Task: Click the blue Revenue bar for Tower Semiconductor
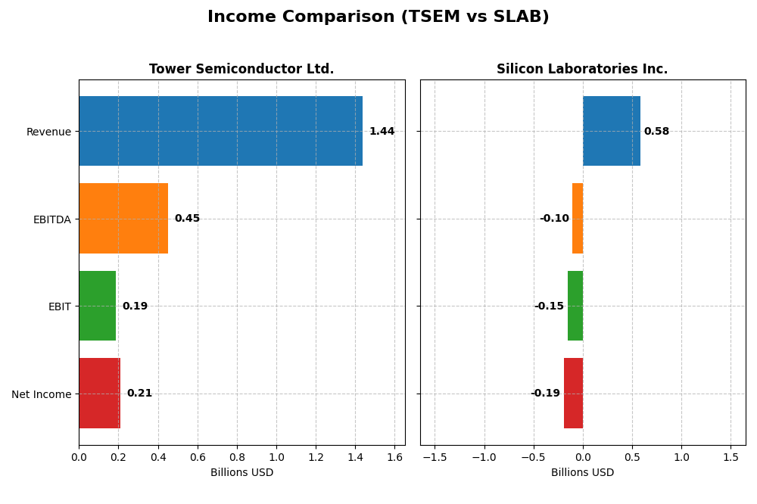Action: click(220, 131)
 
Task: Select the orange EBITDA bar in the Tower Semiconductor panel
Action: click(123, 218)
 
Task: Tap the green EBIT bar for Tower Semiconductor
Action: click(97, 306)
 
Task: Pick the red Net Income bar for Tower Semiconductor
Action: click(99, 393)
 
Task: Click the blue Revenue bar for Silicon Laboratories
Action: click(612, 131)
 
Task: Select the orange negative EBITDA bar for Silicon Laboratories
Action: click(578, 218)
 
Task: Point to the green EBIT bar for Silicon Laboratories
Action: click(575, 306)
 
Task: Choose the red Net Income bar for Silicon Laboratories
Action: click(573, 393)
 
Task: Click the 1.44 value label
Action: click(382, 132)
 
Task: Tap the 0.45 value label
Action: click(187, 219)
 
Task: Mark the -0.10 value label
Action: click(554, 219)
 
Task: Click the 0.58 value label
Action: click(656, 132)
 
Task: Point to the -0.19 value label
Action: click(545, 394)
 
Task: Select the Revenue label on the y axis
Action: click(48, 132)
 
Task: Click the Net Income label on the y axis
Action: click(41, 394)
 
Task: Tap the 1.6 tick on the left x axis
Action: click(394, 457)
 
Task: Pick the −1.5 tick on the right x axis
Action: click(434, 457)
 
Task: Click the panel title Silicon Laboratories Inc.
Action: click(582, 70)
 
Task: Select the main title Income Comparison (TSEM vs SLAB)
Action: click(378, 17)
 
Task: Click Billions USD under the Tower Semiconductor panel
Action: click(241, 473)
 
